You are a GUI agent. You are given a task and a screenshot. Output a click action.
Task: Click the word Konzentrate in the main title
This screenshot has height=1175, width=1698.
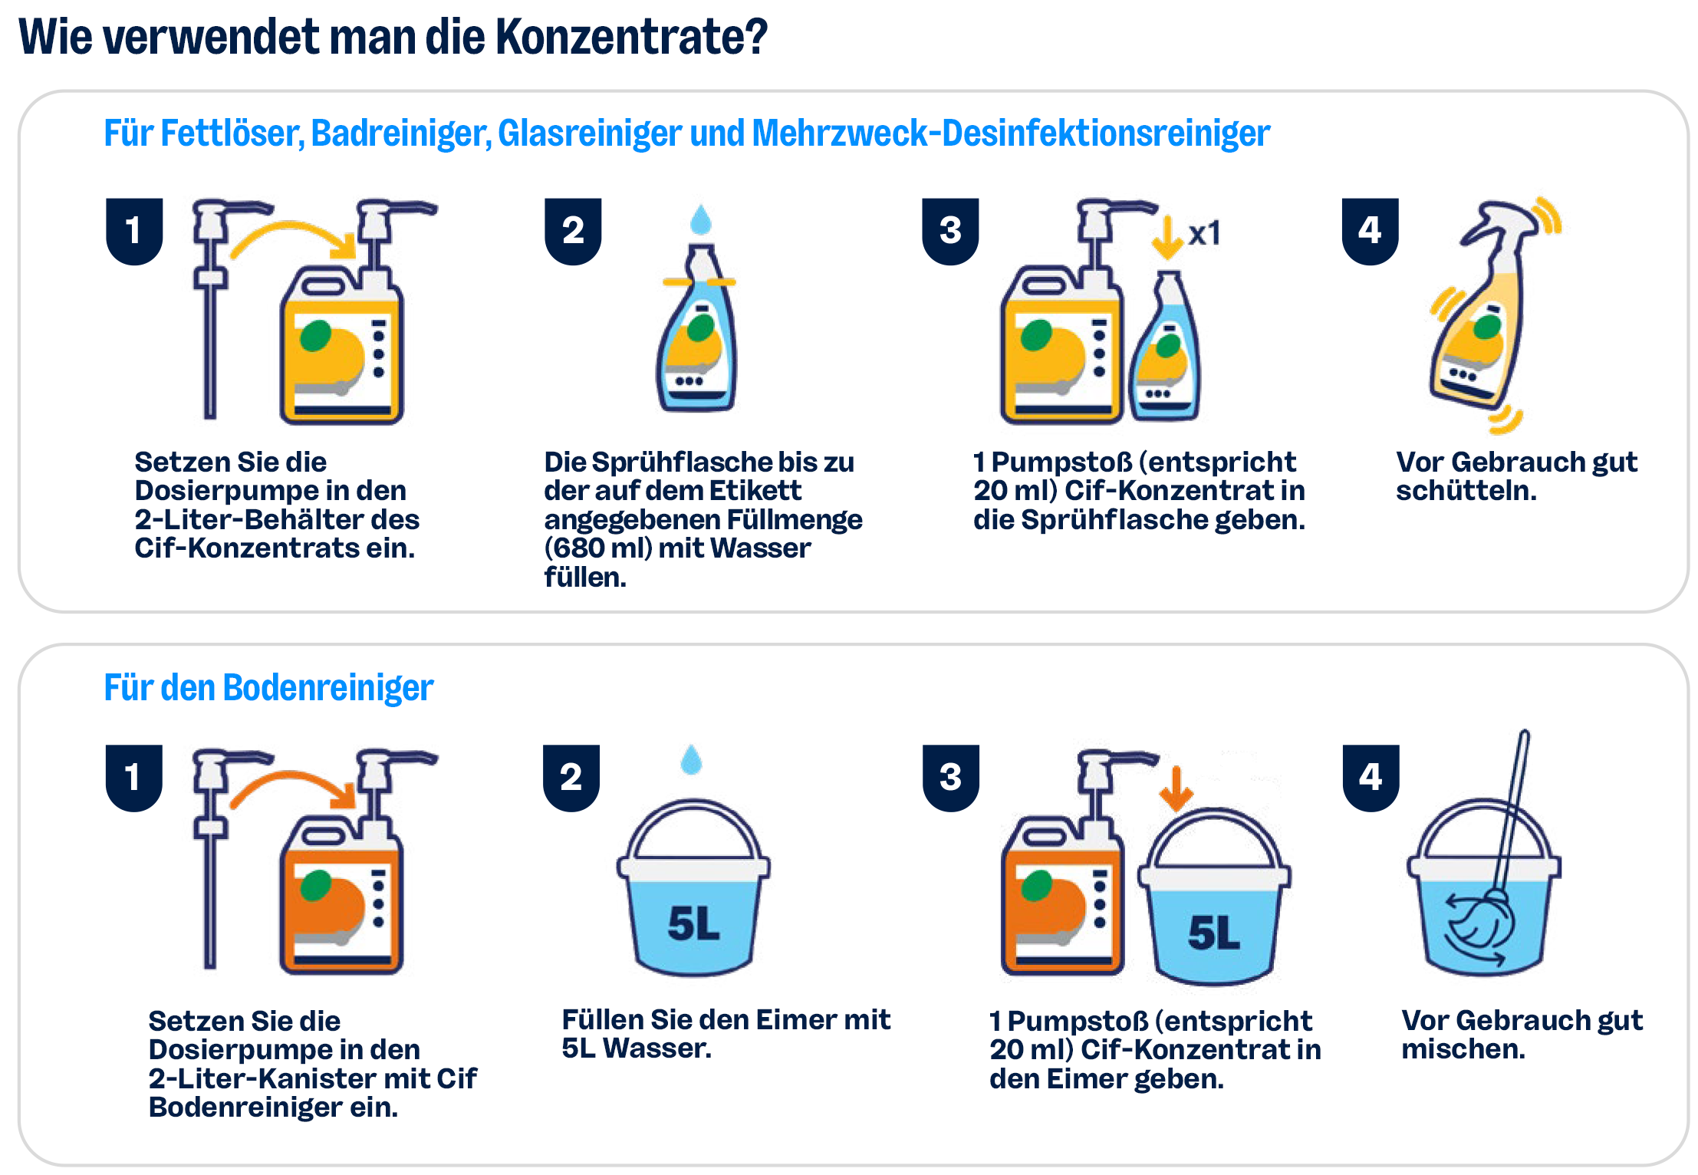(632, 37)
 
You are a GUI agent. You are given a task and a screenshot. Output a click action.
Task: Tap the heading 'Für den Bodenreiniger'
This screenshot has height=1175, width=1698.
(268, 687)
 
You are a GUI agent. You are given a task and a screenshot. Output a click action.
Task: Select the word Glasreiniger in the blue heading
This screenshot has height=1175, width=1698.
(589, 133)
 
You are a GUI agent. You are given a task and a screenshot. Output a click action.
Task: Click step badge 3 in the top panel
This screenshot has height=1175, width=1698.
(950, 231)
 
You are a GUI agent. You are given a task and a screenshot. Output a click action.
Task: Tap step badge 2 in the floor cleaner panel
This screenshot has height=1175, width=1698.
(571, 777)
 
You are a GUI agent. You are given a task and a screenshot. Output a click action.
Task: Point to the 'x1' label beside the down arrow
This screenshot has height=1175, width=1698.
(1204, 233)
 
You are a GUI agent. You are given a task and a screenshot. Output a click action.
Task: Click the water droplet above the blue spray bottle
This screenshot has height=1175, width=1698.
(701, 219)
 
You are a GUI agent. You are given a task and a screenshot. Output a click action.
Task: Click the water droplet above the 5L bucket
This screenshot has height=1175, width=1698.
(692, 759)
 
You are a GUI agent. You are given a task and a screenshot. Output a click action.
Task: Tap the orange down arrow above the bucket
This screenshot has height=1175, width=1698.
(1176, 788)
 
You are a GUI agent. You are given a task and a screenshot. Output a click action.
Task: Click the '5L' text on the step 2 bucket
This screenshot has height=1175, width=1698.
(694, 923)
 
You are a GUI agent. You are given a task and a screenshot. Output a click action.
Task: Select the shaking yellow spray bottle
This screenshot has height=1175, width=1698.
(1480, 307)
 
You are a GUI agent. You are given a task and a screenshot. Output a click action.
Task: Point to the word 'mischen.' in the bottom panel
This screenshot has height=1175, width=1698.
(1463, 1049)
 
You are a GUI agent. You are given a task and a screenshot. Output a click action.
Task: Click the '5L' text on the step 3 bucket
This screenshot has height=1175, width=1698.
(1214, 933)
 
